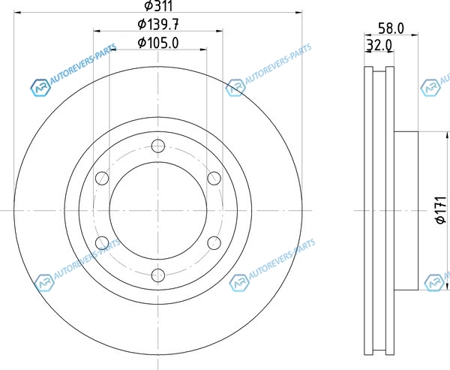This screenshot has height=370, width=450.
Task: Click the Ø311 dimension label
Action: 158,6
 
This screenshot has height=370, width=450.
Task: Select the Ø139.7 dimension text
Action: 158,25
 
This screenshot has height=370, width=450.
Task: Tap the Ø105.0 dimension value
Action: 158,43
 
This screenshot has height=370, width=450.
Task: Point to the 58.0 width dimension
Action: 391,29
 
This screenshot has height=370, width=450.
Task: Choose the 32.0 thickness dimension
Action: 379,45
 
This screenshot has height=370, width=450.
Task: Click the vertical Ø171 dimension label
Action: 441,210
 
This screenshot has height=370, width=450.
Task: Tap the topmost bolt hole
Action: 157,146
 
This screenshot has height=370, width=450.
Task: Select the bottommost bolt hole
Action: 157,275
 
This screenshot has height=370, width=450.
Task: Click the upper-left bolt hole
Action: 102,178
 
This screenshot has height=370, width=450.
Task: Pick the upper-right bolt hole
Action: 214,178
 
